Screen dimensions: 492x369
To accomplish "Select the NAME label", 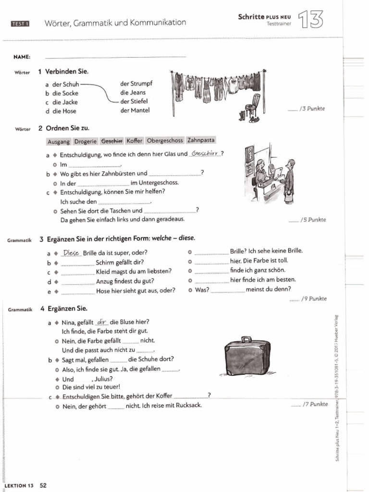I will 22,57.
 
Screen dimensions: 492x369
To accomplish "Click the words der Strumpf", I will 136,84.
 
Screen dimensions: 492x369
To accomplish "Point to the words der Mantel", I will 135,111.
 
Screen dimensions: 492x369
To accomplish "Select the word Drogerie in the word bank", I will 86,141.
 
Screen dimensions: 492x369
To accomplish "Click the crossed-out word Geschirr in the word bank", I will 111,141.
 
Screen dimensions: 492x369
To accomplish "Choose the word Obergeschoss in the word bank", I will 165,141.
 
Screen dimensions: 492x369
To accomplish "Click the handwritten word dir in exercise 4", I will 101,322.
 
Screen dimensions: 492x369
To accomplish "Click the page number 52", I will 43,485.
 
